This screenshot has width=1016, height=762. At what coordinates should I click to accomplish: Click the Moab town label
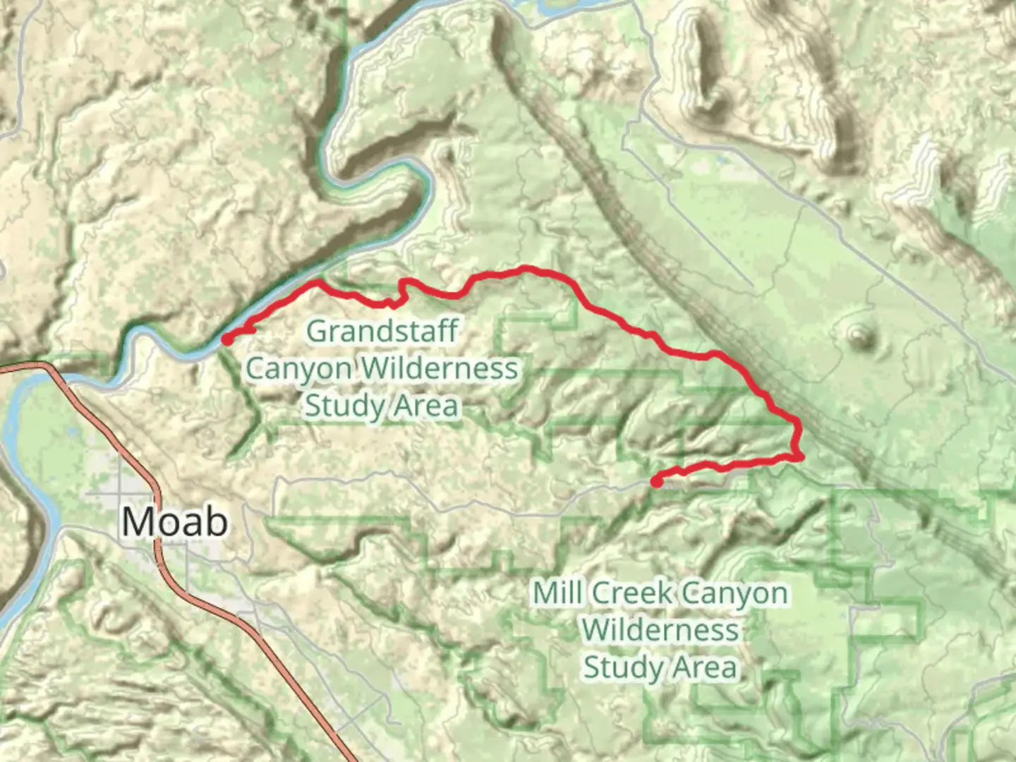tap(175, 522)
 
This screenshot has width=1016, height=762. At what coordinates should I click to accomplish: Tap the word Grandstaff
tap(382, 331)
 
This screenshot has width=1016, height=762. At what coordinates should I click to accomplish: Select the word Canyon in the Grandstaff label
tap(298, 368)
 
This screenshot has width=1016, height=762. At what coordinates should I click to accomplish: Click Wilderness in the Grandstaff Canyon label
tap(440, 368)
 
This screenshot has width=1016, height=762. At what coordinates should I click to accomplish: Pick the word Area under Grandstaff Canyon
tap(426, 406)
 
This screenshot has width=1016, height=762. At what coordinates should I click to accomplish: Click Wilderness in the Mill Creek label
tap(660, 629)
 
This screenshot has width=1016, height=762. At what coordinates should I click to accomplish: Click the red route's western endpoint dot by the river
tap(227, 339)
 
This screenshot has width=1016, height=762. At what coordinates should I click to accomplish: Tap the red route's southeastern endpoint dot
tap(656, 483)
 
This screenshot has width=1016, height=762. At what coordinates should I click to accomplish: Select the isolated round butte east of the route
tap(859, 337)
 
